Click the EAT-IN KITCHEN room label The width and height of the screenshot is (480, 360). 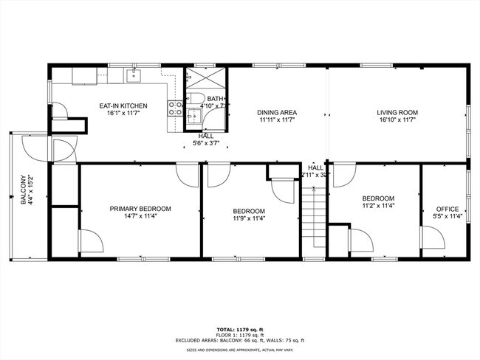[x=123, y=105]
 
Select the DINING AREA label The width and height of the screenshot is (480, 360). [x=277, y=112]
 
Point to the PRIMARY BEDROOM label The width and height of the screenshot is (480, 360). [x=140, y=209]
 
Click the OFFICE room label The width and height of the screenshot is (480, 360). [x=448, y=209]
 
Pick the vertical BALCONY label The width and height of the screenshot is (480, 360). [x=22, y=190]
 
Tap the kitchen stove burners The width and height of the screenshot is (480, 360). [x=176, y=110]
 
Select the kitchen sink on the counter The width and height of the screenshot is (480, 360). [x=135, y=74]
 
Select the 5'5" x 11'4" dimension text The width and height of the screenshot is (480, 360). [x=448, y=217]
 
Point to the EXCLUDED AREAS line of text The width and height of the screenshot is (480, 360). [x=239, y=341]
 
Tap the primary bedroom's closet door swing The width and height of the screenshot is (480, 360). [x=89, y=240]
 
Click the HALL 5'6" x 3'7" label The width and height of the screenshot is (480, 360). [x=206, y=139]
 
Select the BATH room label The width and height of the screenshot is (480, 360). [x=215, y=99]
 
